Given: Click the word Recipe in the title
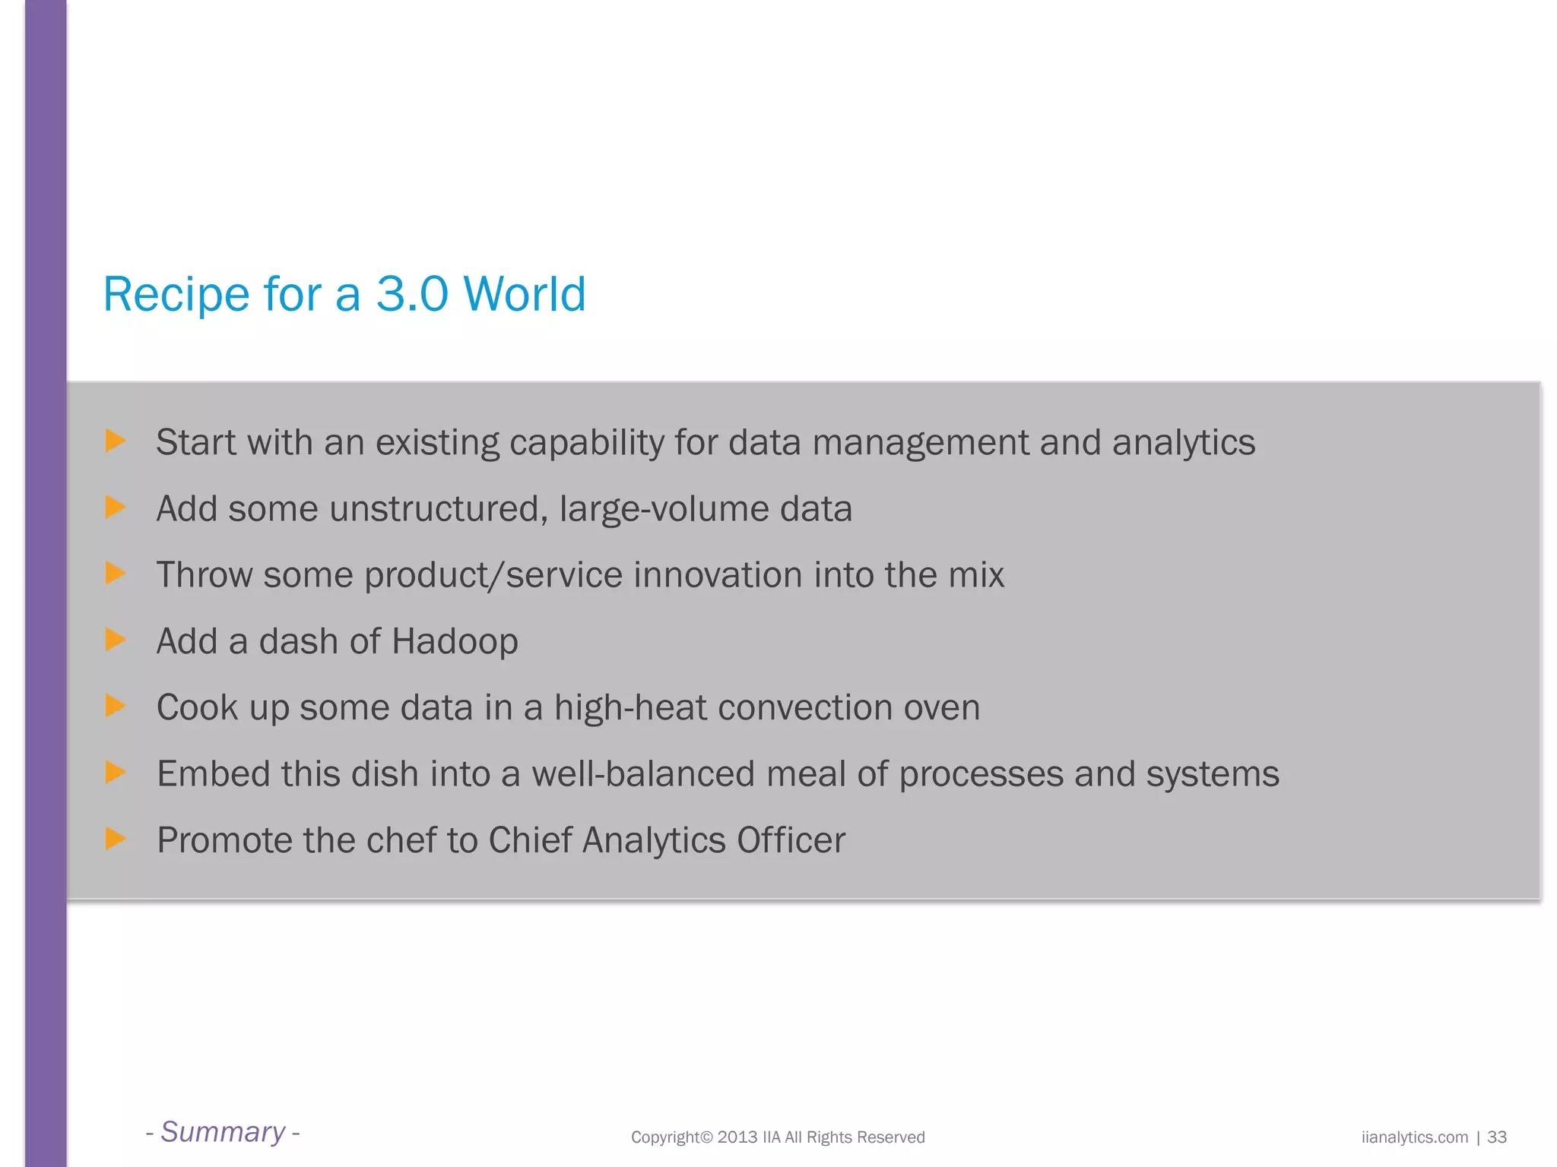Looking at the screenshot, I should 176,294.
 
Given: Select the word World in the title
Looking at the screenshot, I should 524,294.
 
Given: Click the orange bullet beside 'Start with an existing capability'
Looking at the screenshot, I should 115,441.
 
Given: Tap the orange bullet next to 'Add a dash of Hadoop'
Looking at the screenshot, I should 115,640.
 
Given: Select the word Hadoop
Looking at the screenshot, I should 455,641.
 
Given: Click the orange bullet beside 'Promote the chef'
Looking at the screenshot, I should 115,839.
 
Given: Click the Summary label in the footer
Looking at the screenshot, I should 223,1132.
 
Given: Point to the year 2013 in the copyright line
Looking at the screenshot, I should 737,1137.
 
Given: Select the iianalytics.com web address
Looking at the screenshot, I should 1414,1137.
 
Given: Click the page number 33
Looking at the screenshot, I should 1497,1137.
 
